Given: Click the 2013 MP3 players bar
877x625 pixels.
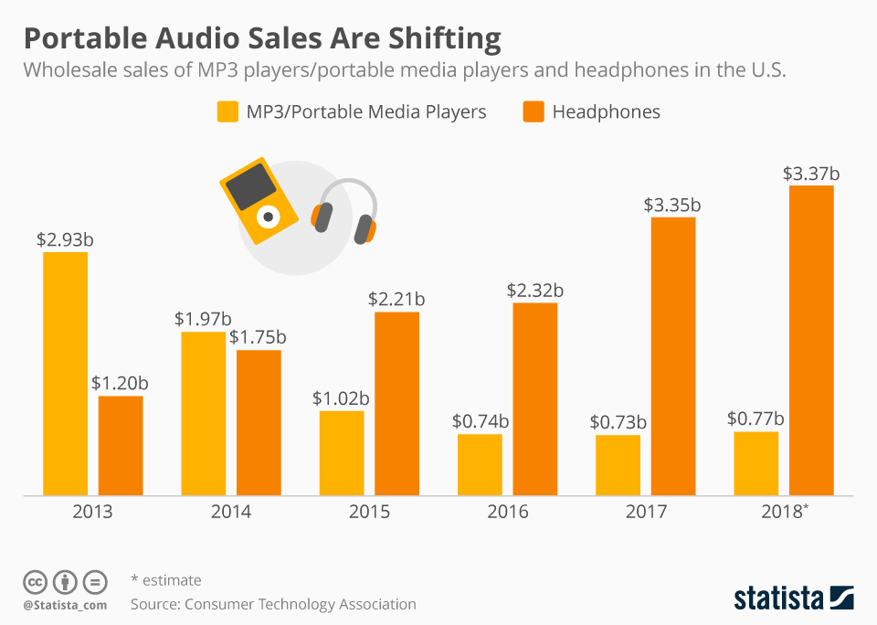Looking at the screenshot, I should click(66, 374).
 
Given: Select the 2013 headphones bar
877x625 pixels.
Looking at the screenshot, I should click(121, 446).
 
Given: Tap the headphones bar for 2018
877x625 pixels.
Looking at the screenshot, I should click(811, 341).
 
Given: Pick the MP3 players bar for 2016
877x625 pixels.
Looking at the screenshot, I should click(480, 465).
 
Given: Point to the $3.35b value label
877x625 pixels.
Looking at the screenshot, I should click(673, 206).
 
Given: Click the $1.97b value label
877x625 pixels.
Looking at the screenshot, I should click(203, 320).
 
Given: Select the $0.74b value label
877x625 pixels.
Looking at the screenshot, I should click(481, 422).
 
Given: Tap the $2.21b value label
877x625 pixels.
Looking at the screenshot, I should click(396, 300).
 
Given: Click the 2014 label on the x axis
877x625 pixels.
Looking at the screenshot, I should click(231, 512).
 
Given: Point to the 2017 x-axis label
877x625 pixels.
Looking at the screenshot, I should click(646, 512).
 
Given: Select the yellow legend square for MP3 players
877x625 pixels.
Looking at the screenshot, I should click(227, 112).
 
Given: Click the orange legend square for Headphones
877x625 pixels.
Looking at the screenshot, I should click(534, 112).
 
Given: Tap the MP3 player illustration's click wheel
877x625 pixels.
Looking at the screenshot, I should click(268, 217).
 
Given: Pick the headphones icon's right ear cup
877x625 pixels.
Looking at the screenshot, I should click(365, 228).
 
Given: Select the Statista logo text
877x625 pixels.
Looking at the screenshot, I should click(778, 599).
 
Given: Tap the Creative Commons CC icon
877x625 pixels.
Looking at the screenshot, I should click(35, 581).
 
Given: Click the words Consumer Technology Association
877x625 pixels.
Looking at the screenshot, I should click(300, 604).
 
